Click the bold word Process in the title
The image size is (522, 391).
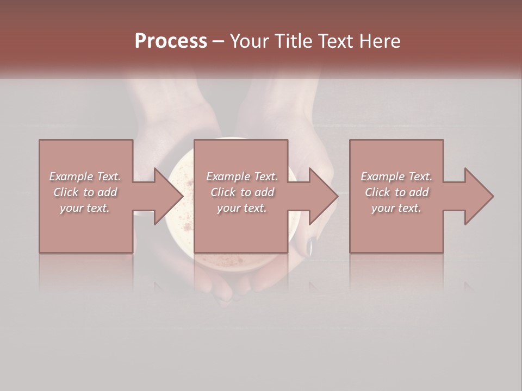point(171,41)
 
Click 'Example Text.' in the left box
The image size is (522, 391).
point(85,176)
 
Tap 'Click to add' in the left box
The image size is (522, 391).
point(85,192)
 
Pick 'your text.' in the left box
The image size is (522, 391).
point(85,208)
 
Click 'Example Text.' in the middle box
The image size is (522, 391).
point(242,176)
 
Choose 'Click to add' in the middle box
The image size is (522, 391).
point(242,192)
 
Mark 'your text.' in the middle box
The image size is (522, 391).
point(242,208)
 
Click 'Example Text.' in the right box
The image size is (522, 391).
point(396,176)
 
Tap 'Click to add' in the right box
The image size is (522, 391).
point(396,192)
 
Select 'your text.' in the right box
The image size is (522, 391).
point(396,208)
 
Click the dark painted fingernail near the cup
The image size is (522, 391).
point(308,247)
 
